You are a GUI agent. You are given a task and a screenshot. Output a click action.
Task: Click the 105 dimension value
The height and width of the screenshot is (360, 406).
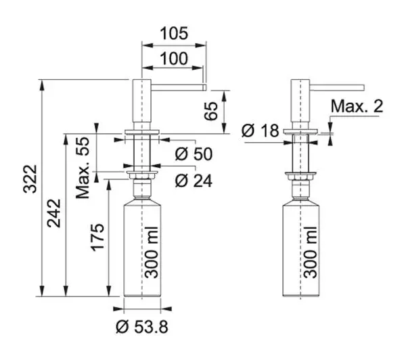tap(174, 33)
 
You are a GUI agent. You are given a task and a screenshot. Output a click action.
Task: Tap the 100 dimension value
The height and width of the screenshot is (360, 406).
tap(174, 58)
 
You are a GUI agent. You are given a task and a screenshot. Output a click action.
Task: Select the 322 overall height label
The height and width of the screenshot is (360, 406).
tap(30, 179)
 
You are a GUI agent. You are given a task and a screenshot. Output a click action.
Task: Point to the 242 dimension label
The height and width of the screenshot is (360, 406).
tap(54, 213)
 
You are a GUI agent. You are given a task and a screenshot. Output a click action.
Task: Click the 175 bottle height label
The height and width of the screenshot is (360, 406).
tap(97, 237)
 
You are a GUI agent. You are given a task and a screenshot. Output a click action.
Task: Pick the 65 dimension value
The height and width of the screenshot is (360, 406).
tap(210, 111)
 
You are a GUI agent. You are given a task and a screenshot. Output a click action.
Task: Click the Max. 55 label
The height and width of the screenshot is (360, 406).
tap(83, 168)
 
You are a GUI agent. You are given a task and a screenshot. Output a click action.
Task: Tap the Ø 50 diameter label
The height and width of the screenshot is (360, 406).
tap(194, 154)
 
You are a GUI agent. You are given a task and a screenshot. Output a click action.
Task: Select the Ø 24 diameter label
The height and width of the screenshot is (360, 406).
tap(194, 181)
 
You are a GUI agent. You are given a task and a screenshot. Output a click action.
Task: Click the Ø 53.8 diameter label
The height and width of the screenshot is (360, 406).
tap(142, 327)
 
